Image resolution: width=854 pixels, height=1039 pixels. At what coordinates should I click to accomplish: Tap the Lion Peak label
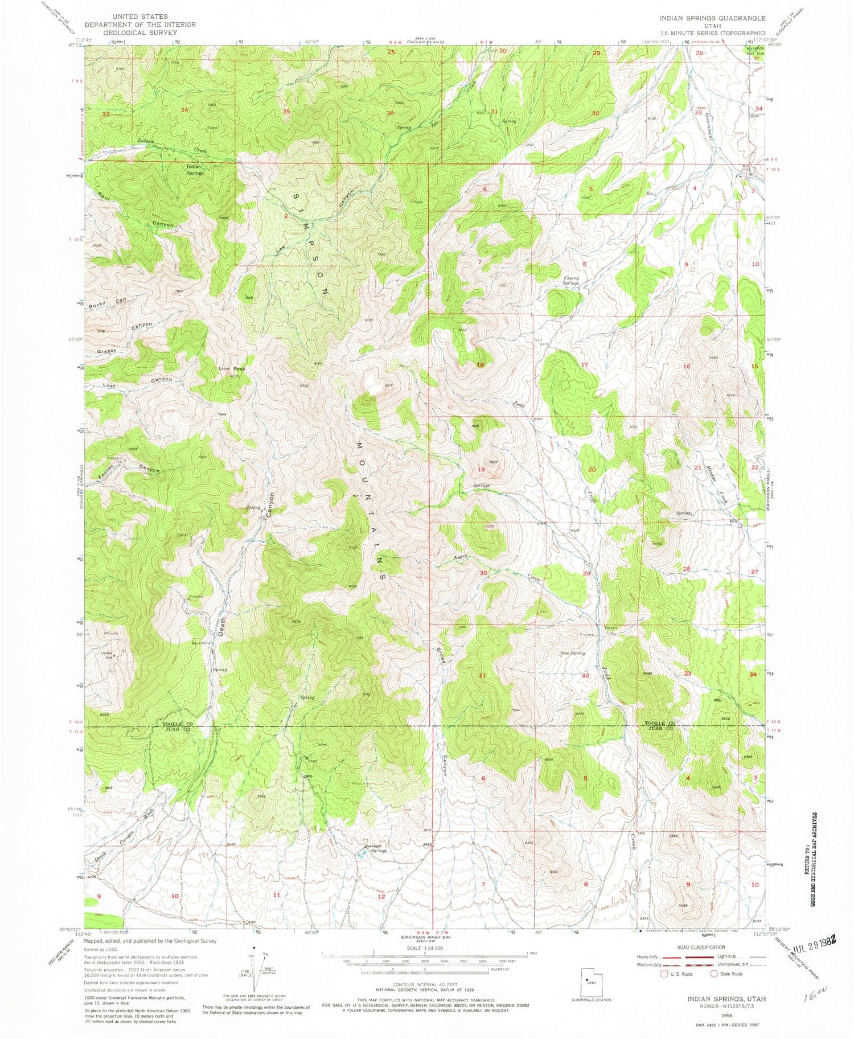[x=232, y=369]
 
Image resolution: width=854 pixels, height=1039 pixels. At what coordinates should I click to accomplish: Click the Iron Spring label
[x=573, y=654]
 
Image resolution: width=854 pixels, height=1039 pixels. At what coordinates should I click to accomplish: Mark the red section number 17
[x=584, y=364]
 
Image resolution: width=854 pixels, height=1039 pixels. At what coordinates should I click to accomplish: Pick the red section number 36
[x=390, y=113]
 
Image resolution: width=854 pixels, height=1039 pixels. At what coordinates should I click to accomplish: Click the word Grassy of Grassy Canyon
[x=106, y=351]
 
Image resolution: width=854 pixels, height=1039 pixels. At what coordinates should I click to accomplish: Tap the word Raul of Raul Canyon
[x=104, y=195]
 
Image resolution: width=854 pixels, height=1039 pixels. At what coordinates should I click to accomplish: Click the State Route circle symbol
[x=714, y=974]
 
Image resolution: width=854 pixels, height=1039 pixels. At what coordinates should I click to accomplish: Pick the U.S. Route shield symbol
[x=663, y=974]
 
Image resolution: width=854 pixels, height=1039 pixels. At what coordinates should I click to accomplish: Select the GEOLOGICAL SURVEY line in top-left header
[x=140, y=32]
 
